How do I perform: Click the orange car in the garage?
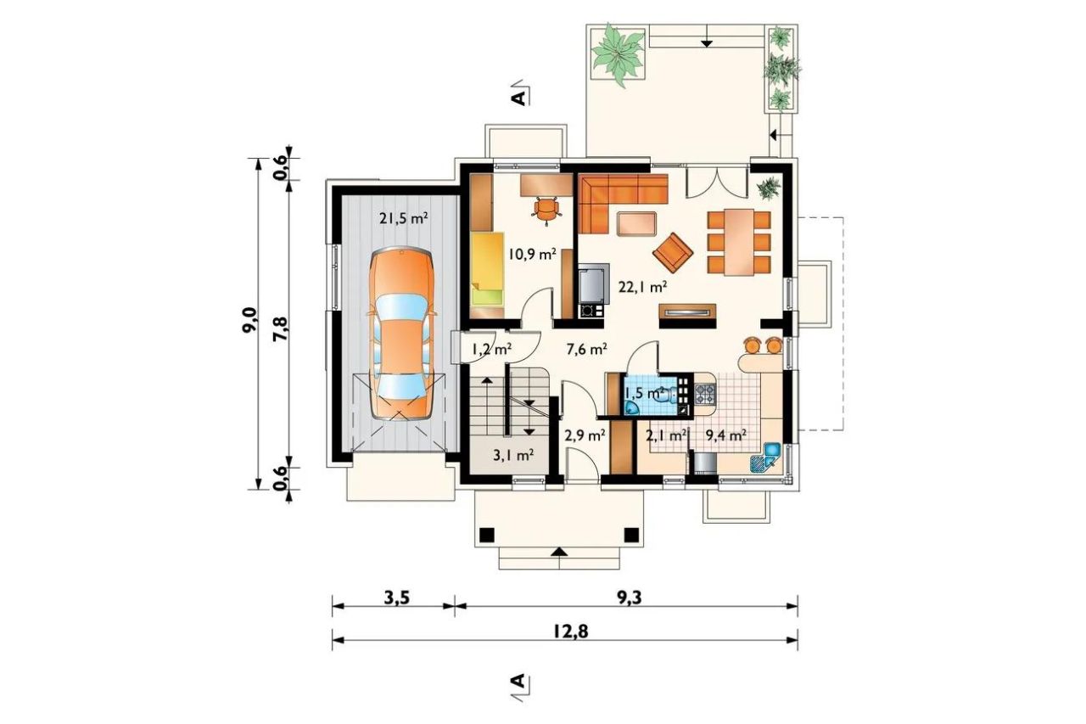pyautogui.click(x=400, y=334)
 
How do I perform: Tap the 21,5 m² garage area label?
pyautogui.click(x=404, y=219)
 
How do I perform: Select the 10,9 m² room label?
pyautogui.click(x=532, y=254)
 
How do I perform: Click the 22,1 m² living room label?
pyautogui.click(x=643, y=287)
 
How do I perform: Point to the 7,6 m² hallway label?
pyautogui.click(x=587, y=349)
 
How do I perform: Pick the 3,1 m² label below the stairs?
pyautogui.click(x=514, y=455)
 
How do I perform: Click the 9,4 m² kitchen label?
pyautogui.click(x=725, y=435)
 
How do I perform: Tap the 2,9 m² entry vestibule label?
pyautogui.click(x=585, y=435)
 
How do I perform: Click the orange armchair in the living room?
pyautogui.click(x=673, y=252)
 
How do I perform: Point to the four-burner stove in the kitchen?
pyautogui.click(x=705, y=394)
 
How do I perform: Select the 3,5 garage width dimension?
pyautogui.click(x=396, y=598)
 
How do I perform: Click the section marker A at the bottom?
pyautogui.click(x=518, y=682)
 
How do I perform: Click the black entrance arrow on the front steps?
pyautogui.click(x=559, y=552)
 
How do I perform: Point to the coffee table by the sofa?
pyautogui.click(x=637, y=224)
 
